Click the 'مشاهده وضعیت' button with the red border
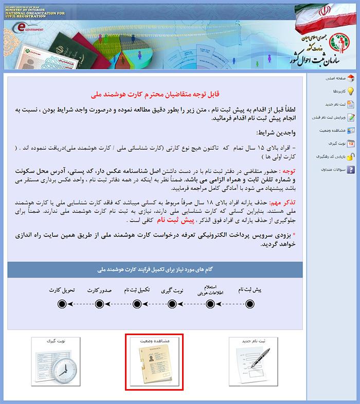click(154, 362)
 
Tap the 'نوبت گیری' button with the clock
click(55, 362)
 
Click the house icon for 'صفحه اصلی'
click(350, 79)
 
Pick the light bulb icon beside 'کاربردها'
click(350, 91)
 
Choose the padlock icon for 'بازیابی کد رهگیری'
click(350, 156)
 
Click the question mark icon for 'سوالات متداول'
click(350, 169)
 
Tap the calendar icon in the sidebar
click(350, 143)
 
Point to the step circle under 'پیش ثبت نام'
click(250, 304)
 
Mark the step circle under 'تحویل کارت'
click(62, 304)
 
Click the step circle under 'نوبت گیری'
click(173, 304)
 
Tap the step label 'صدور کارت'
click(99, 290)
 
